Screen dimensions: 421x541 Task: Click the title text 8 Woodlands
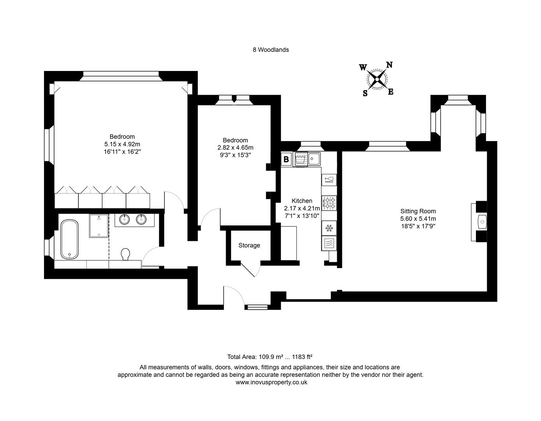(271, 50)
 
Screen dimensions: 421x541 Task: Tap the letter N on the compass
(389, 65)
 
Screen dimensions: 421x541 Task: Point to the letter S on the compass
(365, 94)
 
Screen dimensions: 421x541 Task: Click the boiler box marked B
(286, 159)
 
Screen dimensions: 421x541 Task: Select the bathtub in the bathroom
(70, 239)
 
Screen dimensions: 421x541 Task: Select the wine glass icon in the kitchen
(329, 179)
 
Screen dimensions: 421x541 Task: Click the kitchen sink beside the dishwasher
(314, 159)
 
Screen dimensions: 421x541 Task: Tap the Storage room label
(249, 245)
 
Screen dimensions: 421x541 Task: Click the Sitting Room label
(418, 211)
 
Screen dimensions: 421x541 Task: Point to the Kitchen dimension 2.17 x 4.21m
(302, 208)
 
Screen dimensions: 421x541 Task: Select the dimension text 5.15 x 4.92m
(122, 144)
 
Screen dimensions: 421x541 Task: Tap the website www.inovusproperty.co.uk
(271, 382)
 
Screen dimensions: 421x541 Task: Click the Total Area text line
(270, 357)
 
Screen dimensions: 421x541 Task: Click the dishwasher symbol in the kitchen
(301, 159)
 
